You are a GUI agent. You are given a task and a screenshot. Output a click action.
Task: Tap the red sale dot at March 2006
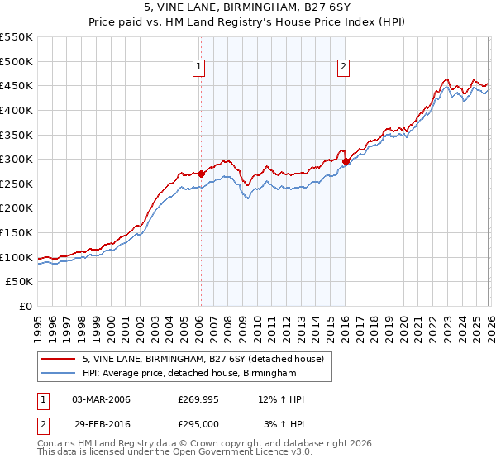click(x=201, y=174)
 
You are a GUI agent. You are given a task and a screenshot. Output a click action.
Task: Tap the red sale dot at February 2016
click(x=346, y=161)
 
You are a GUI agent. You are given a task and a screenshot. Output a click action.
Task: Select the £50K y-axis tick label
click(x=20, y=282)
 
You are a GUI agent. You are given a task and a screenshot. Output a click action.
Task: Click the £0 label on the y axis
click(x=26, y=307)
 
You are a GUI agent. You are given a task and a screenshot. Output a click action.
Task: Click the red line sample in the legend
click(x=60, y=359)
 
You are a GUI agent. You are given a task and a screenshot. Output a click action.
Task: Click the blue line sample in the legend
click(x=60, y=374)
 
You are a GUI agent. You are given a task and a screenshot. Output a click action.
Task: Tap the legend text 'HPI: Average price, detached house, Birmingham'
click(x=188, y=374)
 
